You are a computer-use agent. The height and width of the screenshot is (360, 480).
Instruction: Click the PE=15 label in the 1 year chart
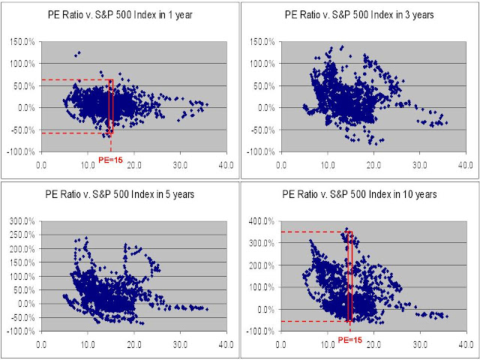109,159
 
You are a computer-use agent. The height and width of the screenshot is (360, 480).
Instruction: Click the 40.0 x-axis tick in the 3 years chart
464,163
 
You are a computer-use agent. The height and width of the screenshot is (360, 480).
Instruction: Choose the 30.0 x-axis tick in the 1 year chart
180,163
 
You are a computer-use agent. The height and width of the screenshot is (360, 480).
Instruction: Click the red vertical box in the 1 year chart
110,107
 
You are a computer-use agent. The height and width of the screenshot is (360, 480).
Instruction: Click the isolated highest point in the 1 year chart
78,53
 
